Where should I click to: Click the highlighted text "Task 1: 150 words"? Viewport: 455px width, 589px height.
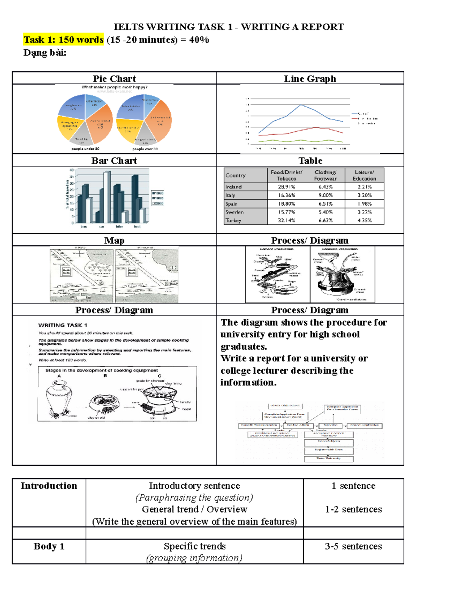(x=63, y=40)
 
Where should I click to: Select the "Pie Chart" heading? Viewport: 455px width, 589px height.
(x=114, y=79)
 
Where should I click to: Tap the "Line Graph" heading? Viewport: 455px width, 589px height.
(x=310, y=79)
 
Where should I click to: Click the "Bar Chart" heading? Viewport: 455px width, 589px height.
(x=114, y=160)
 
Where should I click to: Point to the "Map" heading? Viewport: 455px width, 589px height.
(x=114, y=240)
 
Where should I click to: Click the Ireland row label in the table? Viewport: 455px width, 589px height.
(x=234, y=187)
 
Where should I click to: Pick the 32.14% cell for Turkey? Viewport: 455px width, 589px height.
(x=286, y=220)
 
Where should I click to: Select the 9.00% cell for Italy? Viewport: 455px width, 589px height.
(x=325, y=195)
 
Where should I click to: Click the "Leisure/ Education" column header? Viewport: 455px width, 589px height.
(x=364, y=175)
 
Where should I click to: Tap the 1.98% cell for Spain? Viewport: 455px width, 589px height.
(x=364, y=204)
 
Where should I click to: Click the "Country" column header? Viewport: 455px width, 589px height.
(x=235, y=175)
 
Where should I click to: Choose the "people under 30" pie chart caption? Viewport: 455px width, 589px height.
(x=85, y=149)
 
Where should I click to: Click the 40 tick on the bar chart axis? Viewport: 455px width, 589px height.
(x=71, y=170)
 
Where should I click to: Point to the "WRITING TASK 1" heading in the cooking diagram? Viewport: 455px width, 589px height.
(x=63, y=325)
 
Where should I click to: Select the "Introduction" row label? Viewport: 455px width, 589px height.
(x=49, y=486)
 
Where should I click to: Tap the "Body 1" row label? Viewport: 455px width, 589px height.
(x=49, y=546)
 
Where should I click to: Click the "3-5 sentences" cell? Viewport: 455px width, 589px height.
(x=353, y=546)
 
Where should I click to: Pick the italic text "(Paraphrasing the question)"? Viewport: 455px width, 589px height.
(x=194, y=498)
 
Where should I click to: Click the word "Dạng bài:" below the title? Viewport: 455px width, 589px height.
(x=45, y=53)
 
